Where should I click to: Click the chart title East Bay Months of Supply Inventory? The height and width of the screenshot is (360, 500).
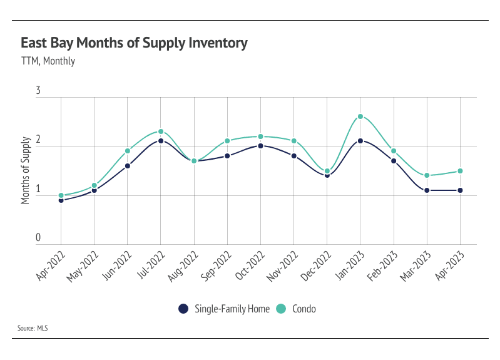tap(134, 43)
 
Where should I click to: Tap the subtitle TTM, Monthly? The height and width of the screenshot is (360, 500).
tap(48, 61)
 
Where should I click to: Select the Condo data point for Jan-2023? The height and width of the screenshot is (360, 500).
tap(360, 116)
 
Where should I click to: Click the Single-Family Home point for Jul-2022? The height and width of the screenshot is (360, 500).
tap(161, 141)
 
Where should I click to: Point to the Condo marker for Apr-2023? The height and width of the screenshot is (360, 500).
tap(461, 171)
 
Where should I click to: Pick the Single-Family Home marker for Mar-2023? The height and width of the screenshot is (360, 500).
tap(427, 190)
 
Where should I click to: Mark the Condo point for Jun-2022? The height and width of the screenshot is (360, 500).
tap(128, 151)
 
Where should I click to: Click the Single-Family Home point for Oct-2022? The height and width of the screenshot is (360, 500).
tap(260, 146)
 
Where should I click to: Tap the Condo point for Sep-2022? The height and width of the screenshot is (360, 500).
tap(227, 141)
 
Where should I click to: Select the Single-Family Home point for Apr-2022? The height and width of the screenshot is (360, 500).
tap(61, 200)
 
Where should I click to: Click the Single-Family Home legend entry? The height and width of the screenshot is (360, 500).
tap(225, 309)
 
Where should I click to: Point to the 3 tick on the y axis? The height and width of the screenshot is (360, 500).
tap(38, 91)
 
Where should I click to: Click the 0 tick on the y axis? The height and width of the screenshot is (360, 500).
tap(38, 238)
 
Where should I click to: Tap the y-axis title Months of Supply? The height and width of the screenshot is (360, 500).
tap(26, 169)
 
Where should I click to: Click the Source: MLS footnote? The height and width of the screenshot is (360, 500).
tap(33, 327)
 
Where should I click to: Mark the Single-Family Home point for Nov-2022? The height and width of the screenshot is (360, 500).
tap(294, 156)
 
